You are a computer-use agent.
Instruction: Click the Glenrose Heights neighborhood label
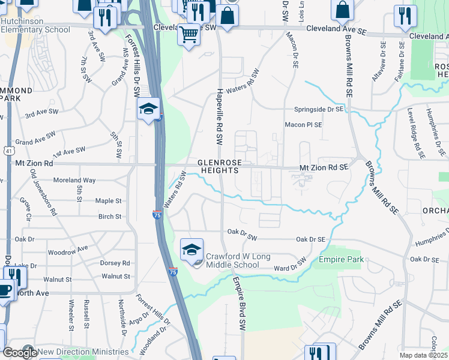click(x=218, y=166)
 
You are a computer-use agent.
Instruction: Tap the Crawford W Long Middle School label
click(x=233, y=260)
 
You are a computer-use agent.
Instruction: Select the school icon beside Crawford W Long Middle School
click(x=191, y=250)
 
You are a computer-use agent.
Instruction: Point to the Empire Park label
click(x=342, y=259)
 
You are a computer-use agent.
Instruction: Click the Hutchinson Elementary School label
click(x=35, y=25)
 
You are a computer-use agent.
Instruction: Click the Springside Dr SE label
click(x=318, y=109)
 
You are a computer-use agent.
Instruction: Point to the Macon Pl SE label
click(x=303, y=125)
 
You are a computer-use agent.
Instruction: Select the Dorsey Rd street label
click(x=115, y=263)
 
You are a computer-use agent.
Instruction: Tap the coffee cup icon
click(x=5, y=292)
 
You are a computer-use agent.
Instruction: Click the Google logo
click(x=19, y=353)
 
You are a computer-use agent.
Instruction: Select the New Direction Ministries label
click(x=83, y=352)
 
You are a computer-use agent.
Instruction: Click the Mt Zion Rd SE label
click(x=324, y=169)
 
